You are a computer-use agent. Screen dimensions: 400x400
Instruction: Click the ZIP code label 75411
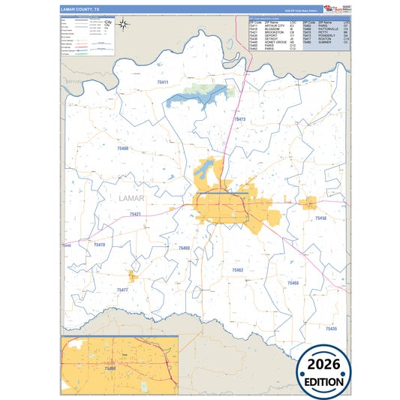point(163,81)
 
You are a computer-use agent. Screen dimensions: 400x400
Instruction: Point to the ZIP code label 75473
point(240,119)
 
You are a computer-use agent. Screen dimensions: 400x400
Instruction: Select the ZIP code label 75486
point(122,149)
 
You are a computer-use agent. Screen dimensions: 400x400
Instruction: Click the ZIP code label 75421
point(134,215)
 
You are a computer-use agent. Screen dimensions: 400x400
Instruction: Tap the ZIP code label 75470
point(100,245)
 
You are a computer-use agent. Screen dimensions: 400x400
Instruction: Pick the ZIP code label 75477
point(122,290)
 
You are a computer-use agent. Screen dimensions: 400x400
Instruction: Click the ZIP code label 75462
point(237,270)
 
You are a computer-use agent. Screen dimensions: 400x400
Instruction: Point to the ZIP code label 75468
point(293,283)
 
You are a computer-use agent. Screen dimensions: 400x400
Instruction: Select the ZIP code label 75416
point(320,218)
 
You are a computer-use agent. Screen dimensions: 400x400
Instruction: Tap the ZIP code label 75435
point(331,329)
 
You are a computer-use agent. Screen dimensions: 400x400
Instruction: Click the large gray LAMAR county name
point(132,197)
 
